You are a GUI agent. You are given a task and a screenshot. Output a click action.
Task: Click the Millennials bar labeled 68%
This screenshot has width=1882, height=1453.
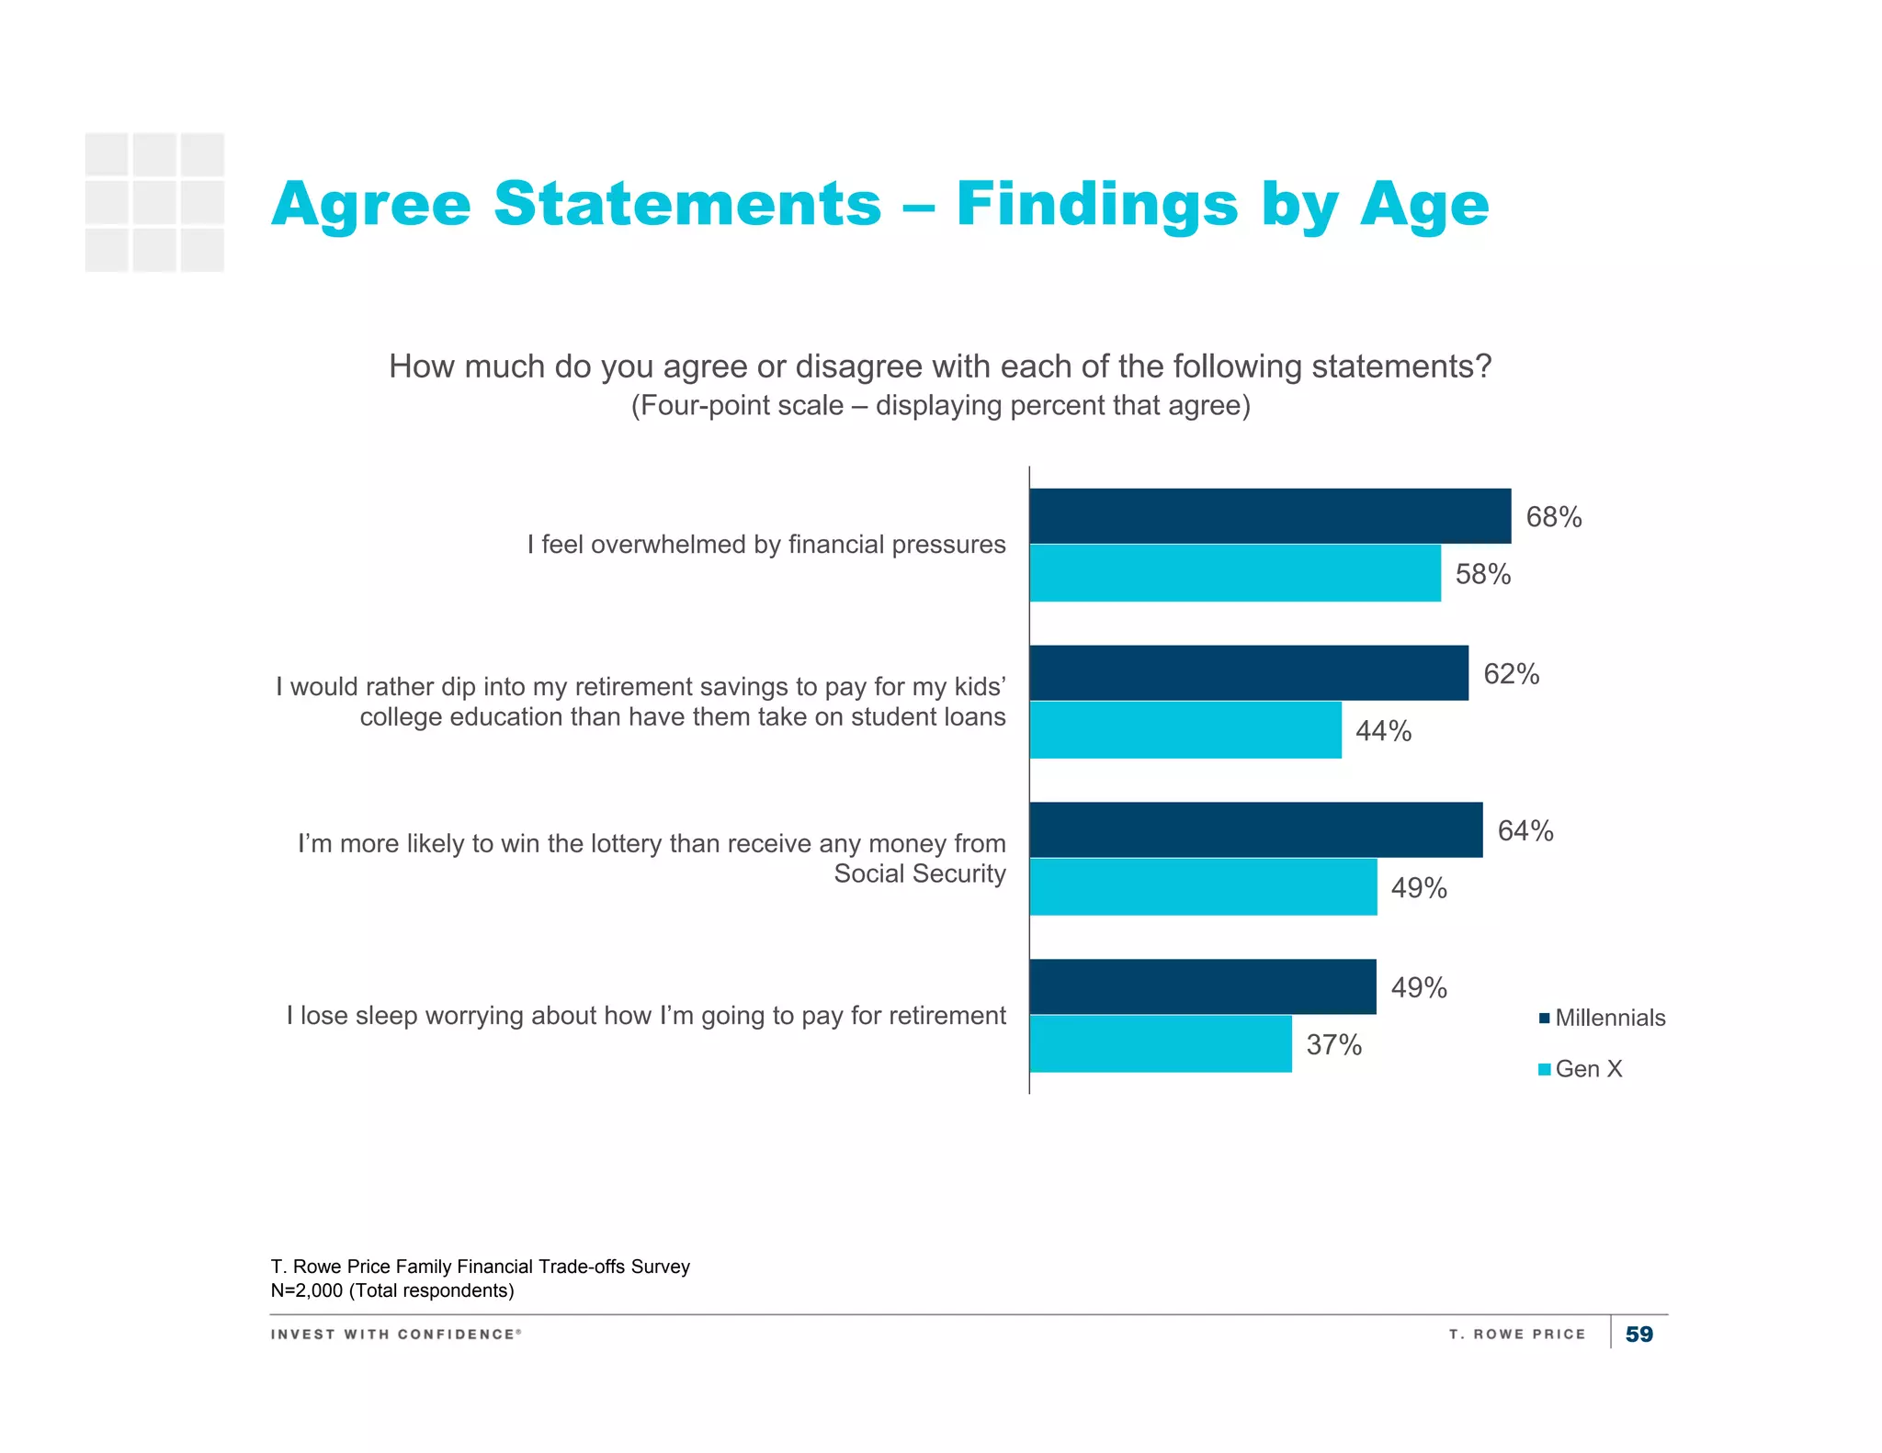pyautogui.click(x=1269, y=516)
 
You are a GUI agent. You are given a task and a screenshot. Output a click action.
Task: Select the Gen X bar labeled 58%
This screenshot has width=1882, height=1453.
pyautogui.click(x=1234, y=573)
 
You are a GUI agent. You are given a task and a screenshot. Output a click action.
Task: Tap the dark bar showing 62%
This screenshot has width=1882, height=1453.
pyautogui.click(x=1248, y=673)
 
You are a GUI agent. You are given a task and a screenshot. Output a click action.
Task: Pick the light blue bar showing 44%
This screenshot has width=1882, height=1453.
pyautogui.click(x=1185, y=730)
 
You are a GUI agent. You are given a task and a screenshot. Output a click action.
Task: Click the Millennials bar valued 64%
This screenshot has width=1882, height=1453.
pyautogui.click(x=1255, y=830)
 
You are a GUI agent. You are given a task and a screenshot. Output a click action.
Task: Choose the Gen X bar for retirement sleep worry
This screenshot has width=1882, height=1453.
pyautogui.click(x=1160, y=1044)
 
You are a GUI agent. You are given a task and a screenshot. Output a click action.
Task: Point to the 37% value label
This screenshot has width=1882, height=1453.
pyautogui.click(x=1333, y=1045)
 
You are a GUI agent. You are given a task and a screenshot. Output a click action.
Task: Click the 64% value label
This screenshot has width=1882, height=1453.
pyautogui.click(x=1525, y=831)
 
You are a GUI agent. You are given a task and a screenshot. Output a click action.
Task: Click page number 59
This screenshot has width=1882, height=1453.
pyautogui.click(x=1638, y=1335)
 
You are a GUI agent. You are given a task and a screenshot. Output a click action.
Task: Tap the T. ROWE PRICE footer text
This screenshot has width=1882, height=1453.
pyautogui.click(x=1516, y=1335)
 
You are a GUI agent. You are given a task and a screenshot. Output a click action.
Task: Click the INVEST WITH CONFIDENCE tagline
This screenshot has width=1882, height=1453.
pyautogui.click(x=395, y=1335)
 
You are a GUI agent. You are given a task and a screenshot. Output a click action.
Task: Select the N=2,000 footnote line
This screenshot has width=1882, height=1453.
pyautogui.click(x=392, y=1290)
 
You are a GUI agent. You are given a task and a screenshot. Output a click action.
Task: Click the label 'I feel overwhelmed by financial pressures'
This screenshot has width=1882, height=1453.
pyautogui.click(x=765, y=545)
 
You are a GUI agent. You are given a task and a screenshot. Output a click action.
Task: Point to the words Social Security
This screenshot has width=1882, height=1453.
pyautogui.click(x=919, y=873)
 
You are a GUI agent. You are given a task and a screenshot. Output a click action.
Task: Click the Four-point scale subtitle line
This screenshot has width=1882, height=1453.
pyautogui.click(x=940, y=405)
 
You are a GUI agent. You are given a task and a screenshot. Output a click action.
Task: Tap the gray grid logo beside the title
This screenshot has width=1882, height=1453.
pyautogui.click(x=154, y=202)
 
